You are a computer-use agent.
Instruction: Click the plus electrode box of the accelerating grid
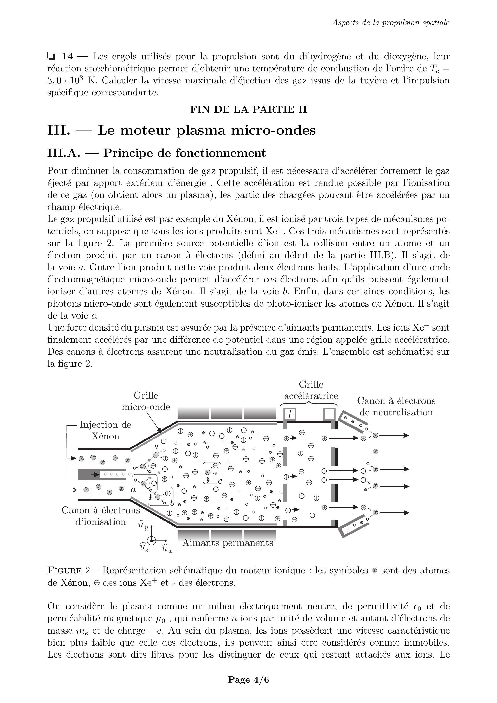pyautogui.click(x=290, y=414)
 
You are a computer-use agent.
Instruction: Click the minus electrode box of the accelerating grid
pyautogui.click(x=329, y=414)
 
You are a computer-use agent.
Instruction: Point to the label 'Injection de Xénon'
pyautogui.click(x=105, y=430)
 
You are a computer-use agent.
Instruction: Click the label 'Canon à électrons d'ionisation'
pyautogui.click(x=101, y=516)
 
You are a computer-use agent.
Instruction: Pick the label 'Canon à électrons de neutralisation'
pyautogui.click(x=396, y=406)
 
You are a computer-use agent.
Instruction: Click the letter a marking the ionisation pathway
pyautogui.click(x=133, y=489)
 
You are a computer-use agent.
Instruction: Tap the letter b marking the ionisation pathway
pyautogui.click(x=172, y=502)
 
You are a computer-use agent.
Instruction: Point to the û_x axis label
pyautogui.click(x=167, y=549)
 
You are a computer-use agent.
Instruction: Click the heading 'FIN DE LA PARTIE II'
pyautogui.click(x=248, y=109)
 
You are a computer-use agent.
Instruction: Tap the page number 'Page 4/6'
pyautogui.click(x=248, y=679)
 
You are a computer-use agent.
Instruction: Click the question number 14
pyautogui.click(x=68, y=56)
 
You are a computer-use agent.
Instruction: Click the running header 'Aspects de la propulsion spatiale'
pyautogui.click(x=391, y=22)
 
